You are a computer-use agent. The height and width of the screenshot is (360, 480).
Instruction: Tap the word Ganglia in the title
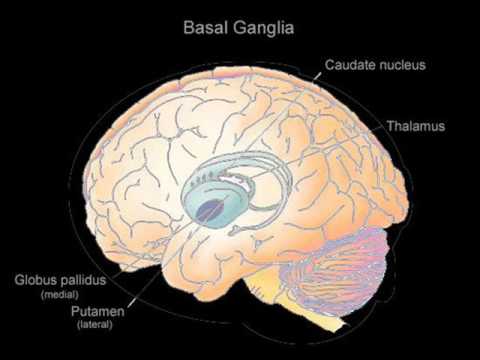tap(264, 29)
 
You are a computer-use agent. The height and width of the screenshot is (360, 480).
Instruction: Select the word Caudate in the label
tap(350, 65)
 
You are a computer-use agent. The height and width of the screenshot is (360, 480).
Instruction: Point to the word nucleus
tap(402, 65)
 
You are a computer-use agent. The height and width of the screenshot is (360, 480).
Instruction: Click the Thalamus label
tap(416, 126)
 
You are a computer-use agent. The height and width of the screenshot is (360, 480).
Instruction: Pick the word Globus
tap(35, 280)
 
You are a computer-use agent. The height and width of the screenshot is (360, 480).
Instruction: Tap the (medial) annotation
tap(60, 295)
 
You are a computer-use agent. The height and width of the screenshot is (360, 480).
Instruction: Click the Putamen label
tap(98, 311)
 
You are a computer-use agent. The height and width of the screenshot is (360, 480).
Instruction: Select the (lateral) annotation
tap(95, 324)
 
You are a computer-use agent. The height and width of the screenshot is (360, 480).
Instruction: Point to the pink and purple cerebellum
tap(337, 267)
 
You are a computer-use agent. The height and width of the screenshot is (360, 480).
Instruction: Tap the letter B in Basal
tap(188, 28)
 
